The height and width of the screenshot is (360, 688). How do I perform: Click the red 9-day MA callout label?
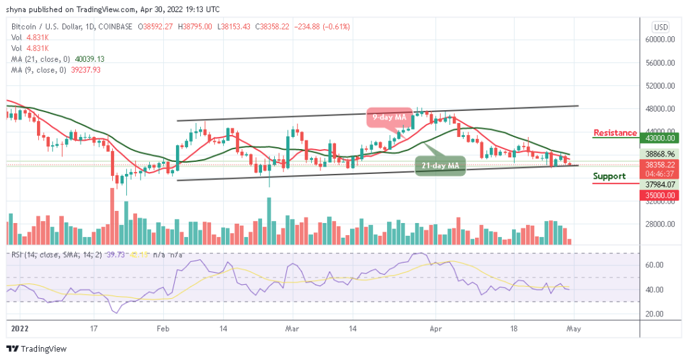pyautogui.click(x=389, y=118)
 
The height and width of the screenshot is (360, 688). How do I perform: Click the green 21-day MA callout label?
pyautogui.click(x=441, y=165)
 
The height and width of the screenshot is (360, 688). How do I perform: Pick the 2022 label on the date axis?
pyautogui.click(x=20, y=329)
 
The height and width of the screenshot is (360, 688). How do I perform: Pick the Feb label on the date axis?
pyautogui.click(x=163, y=329)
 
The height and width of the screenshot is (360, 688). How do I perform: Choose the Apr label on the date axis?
pyautogui.click(x=435, y=329)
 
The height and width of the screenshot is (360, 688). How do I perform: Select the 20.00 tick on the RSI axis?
pyautogui.click(x=655, y=314)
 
